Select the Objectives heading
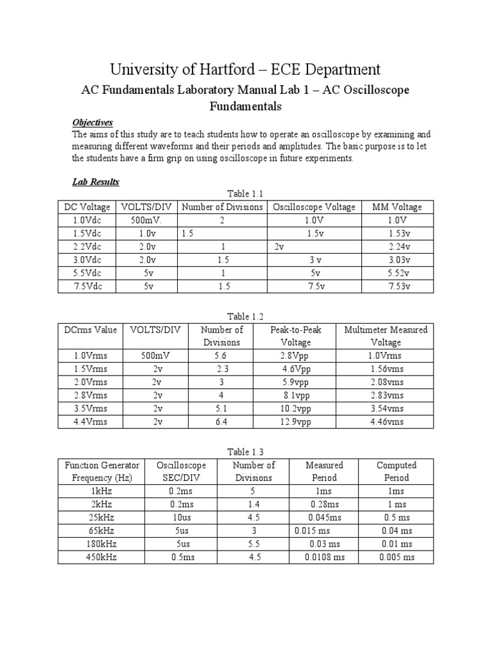(93, 122)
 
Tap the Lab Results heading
(96, 182)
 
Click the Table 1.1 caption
(245, 194)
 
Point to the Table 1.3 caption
(245, 452)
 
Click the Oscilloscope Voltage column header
(314, 207)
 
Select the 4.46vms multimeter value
(386, 422)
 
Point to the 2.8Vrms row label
(90, 395)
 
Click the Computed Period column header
(396, 471)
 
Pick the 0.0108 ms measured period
(325, 557)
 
